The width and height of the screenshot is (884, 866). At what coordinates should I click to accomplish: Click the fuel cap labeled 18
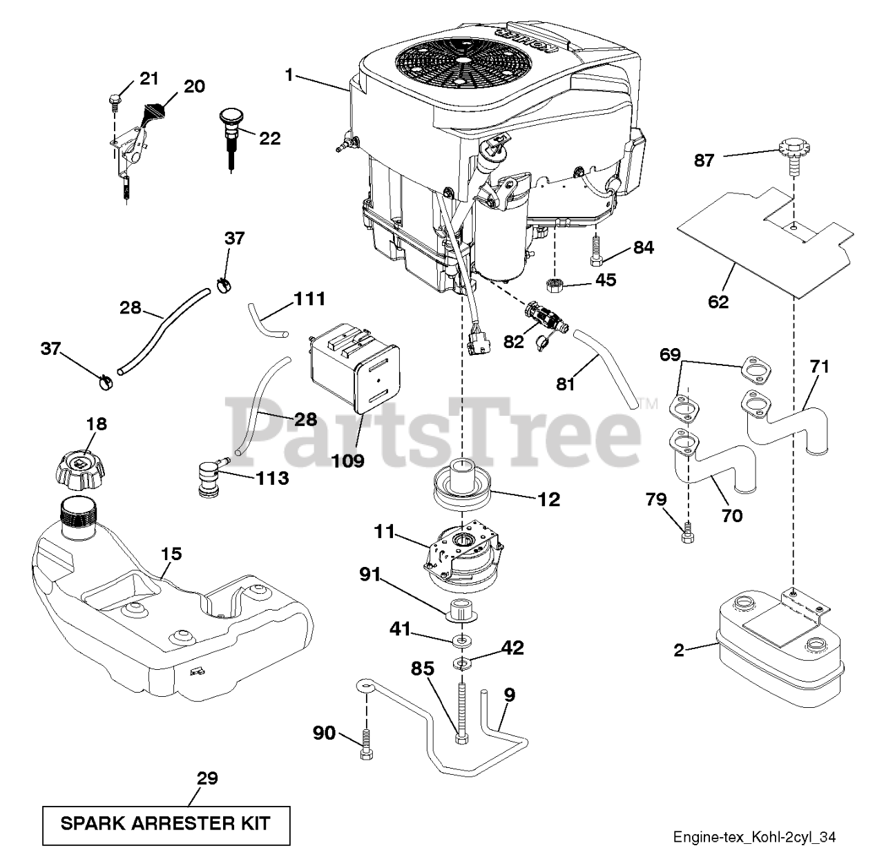(x=81, y=470)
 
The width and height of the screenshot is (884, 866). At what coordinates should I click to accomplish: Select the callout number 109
(x=347, y=461)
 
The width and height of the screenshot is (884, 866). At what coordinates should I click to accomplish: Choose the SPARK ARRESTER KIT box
(x=166, y=826)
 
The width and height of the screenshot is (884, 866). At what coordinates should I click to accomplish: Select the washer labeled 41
(x=461, y=639)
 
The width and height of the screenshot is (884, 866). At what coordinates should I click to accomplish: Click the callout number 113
(x=273, y=479)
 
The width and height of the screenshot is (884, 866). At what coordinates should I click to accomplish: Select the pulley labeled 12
(x=462, y=488)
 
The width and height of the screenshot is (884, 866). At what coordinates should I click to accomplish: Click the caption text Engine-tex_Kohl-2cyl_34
(x=754, y=838)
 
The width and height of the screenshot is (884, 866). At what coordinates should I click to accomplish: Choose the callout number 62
(x=718, y=302)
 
